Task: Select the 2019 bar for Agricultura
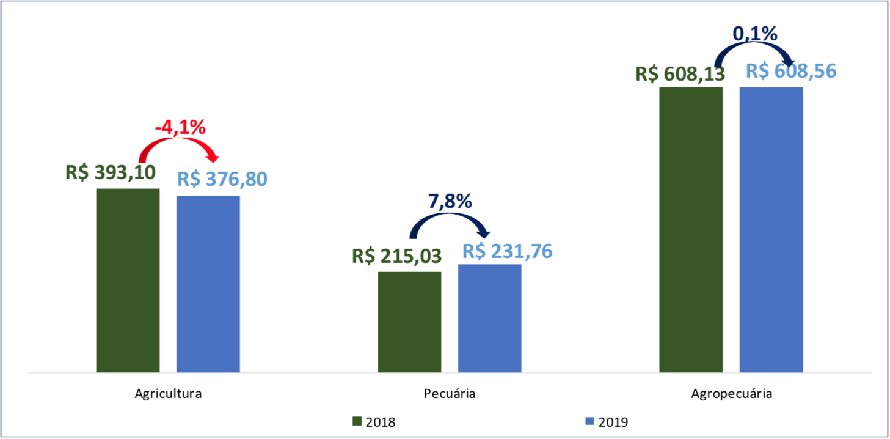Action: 208,284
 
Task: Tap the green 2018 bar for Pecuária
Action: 409,322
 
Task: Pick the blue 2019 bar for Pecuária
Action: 489,318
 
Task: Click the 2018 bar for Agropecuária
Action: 691,229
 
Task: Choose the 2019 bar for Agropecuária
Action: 771,229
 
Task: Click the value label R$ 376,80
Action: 222,180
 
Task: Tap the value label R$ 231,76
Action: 507,251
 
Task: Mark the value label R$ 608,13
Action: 680,74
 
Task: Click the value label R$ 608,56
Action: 791,71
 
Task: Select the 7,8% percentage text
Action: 450,201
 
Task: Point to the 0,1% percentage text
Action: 755,34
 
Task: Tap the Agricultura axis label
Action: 168,394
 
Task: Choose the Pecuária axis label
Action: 450,394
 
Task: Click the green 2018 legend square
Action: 357,421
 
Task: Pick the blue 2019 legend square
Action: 589,421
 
